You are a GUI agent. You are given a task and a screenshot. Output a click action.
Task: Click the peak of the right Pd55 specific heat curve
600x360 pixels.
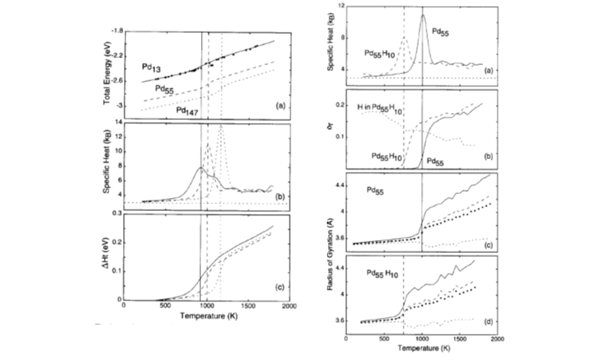pyautogui.click(x=423, y=16)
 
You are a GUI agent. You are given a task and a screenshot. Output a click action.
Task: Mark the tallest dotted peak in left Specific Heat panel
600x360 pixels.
pyautogui.click(x=221, y=128)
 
